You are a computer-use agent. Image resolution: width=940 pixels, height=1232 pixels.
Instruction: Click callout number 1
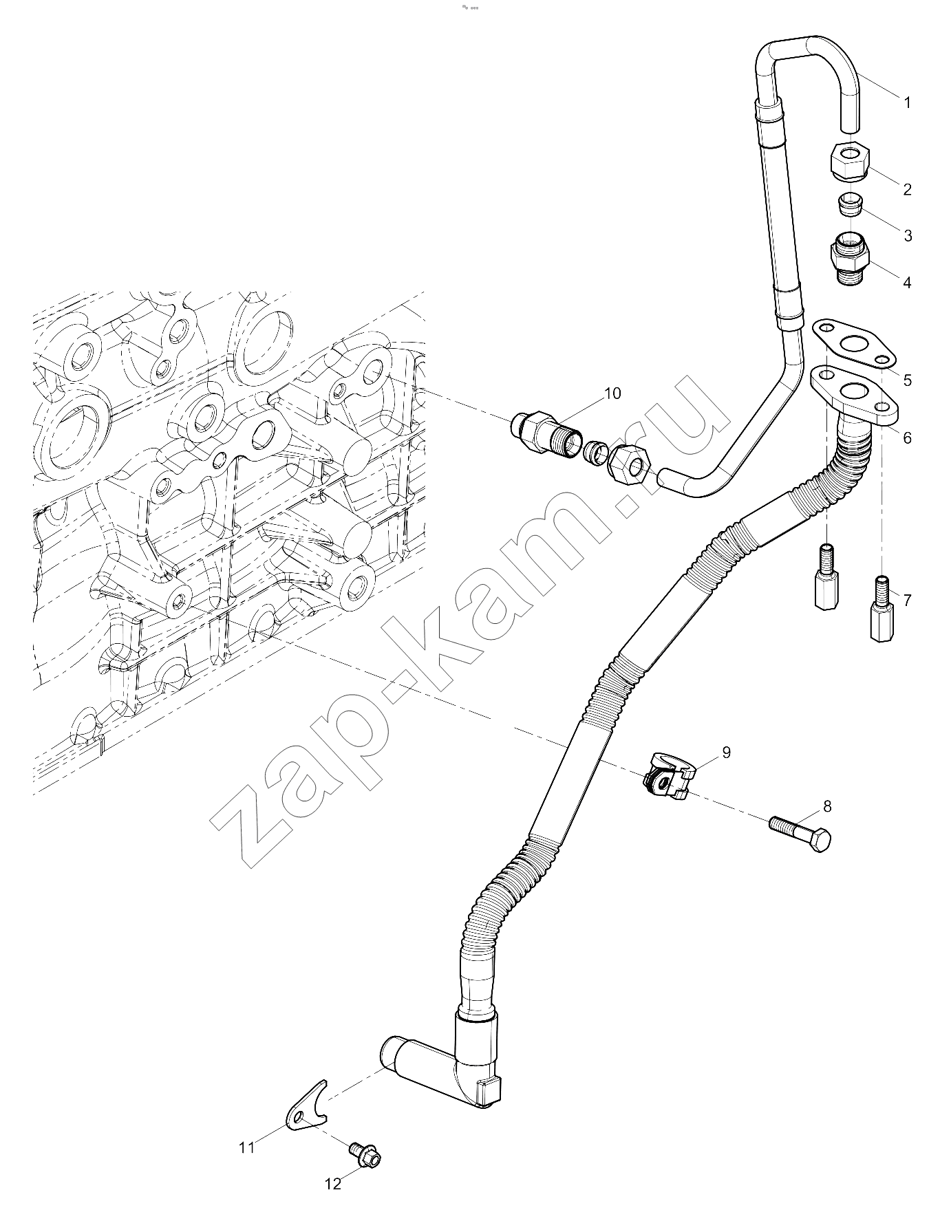pyautogui.click(x=907, y=103)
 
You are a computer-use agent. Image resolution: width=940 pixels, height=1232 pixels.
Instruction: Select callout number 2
pyautogui.click(x=907, y=190)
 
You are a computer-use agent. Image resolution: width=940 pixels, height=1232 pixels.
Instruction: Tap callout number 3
pyautogui.click(x=908, y=236)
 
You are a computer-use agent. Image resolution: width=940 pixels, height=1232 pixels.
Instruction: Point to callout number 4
pyautogui.click(x=907, y=283)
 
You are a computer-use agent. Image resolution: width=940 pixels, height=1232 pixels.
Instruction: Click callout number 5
pyautogui.click(x=908, y=380)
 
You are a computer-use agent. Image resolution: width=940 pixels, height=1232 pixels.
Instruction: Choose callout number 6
pyautogui.click(x=907, y=437)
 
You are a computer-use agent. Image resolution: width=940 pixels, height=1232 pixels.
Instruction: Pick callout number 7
pyautogui.click(x=907, y=601)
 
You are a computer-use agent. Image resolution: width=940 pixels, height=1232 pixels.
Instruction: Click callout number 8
pyautogui.click(x=827, y=806)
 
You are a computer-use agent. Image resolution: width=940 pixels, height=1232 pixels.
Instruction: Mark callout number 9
pyautogui.click(x=726, y=753)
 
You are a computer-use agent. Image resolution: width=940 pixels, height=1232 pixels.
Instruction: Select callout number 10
pyautogui.click(x=612, y=393)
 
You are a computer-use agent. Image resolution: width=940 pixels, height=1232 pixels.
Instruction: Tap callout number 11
pyautogui.click(x=247, y=1147)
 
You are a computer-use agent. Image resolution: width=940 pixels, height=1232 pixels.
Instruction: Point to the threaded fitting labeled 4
pyautogui.click(x=851, y=259)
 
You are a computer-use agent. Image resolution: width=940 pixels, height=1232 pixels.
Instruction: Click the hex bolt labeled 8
pyautogui.click(x=800, y=834)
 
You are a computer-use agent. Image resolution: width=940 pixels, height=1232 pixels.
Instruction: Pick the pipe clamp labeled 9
pyautogui.click(x=670, y=776)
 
